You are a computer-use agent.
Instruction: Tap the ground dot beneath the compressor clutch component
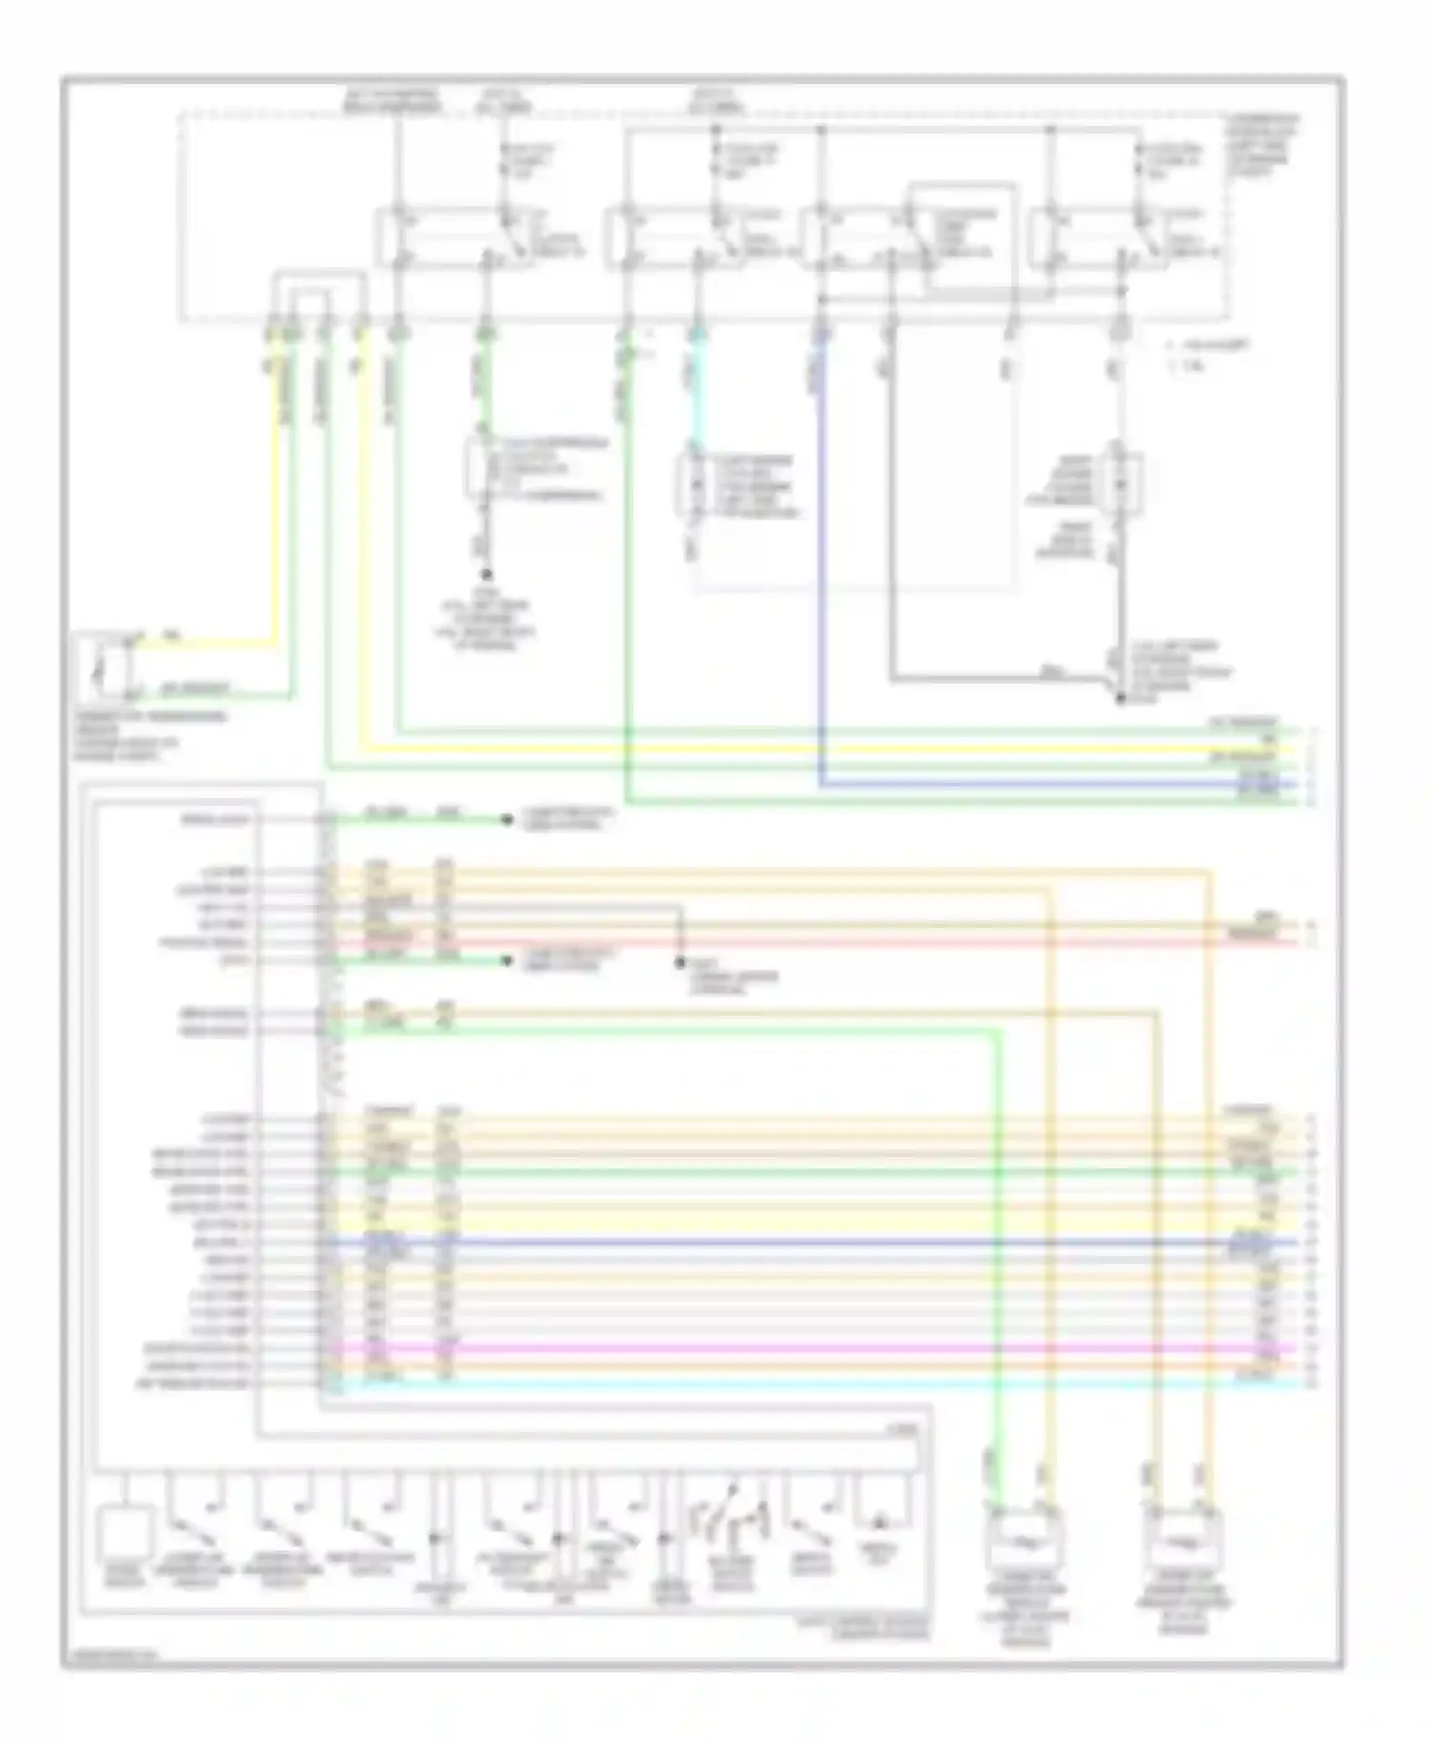click(486, 575)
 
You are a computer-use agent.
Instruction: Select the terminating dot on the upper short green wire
click(508, 820)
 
